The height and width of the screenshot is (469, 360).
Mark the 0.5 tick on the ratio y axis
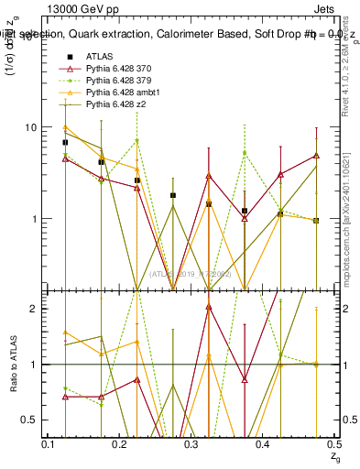[30, 420]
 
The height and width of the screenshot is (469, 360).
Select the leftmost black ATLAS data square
[66, 142]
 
